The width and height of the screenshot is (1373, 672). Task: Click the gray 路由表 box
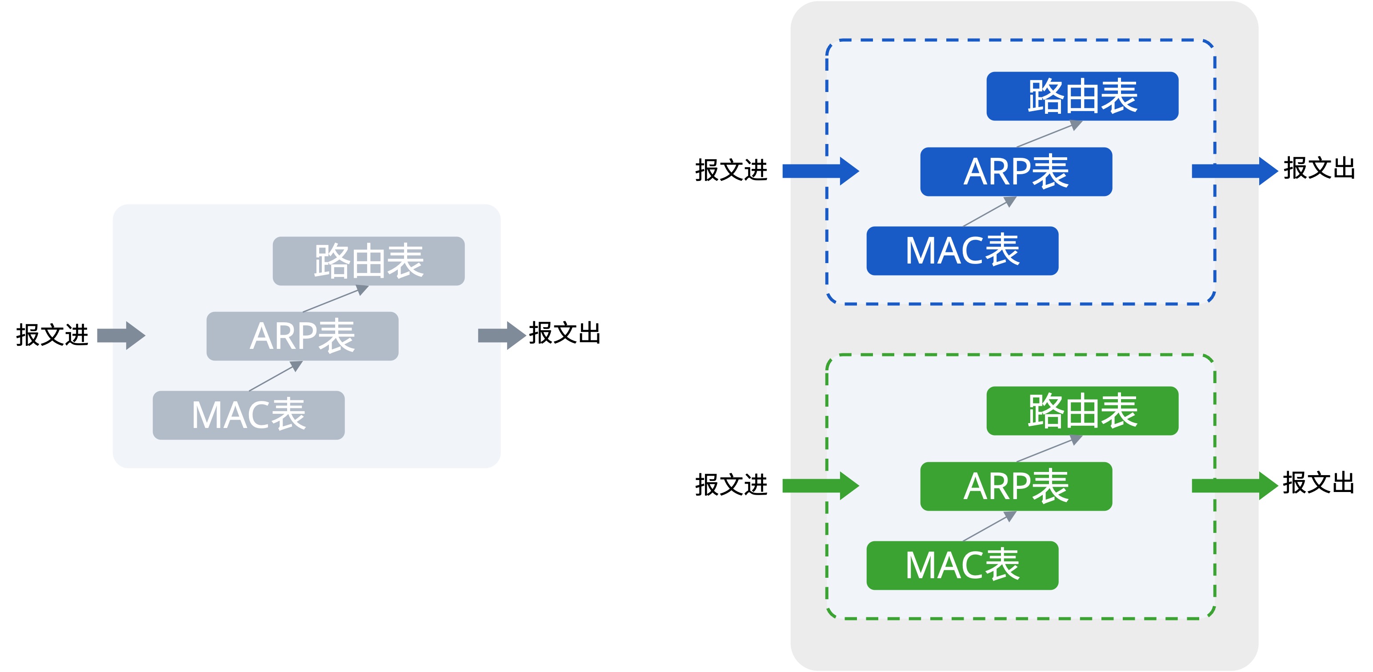(x=368, y=261)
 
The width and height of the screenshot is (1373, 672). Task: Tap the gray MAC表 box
(x=248, y=415)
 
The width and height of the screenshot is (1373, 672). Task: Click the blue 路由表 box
(x=1082, y=96)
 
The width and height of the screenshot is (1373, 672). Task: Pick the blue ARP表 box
(x=1016, y=172)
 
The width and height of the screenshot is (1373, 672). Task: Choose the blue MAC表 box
(x=962, y=251)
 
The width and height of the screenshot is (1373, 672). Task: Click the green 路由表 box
(x=1082, y=411)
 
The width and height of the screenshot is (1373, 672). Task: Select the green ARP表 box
(x=1016, y=486)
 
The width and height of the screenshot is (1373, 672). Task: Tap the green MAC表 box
(x=962, y=565)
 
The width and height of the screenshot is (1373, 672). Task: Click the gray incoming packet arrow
(x=121, y=335)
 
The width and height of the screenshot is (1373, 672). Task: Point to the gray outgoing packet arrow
(x=501, y=335)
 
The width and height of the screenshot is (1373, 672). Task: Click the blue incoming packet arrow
(x=820, y=171)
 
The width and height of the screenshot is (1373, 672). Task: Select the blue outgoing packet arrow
(x=1234, y=171)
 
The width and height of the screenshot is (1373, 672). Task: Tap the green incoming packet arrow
(x=820, y=485)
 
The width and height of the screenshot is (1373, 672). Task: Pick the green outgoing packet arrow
(x=1234, y=485)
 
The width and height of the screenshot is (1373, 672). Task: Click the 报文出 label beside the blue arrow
(x=1319, y=168)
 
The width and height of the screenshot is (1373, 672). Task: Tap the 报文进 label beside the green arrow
(x=731, y=485)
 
